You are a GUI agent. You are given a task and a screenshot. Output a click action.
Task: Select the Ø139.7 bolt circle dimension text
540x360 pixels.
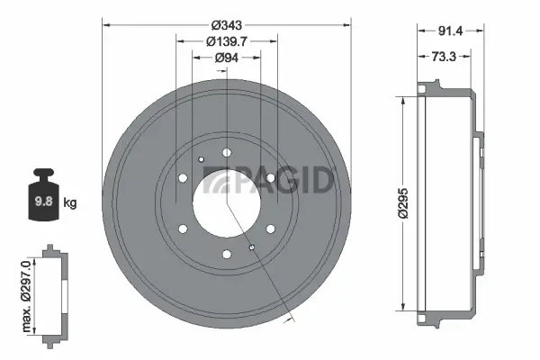pyautogui.click(x=227, y=41)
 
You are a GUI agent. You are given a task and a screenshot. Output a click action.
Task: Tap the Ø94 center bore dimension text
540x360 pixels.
pyautogui.click(x=227, y=58)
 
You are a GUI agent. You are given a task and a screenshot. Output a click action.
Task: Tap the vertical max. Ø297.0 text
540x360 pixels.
pyautogui.click(x=28, y=292)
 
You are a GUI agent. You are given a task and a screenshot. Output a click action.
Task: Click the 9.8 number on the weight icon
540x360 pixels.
pyautogui.click(x=41, y=202)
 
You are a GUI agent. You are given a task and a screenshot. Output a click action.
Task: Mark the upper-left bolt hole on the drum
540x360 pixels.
pyautogui.click(x=183, y=177)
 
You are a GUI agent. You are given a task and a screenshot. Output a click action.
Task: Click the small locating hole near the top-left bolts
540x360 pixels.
pyautogui.click(x=202, y=159)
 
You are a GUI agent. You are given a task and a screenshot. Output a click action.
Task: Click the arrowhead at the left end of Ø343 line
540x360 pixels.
pyautogui.click(x=106, y=23)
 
